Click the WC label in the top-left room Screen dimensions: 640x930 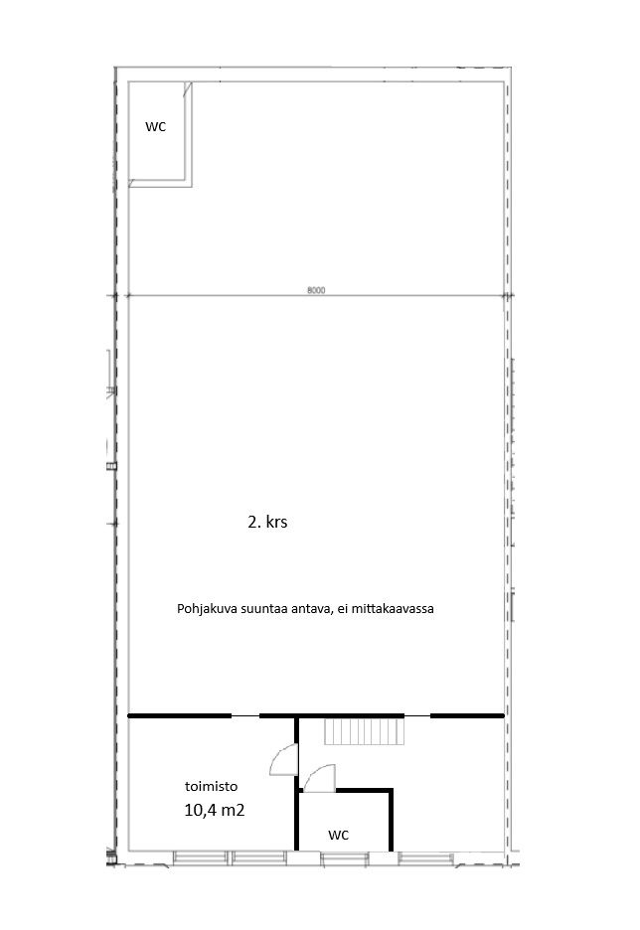coord(155,126)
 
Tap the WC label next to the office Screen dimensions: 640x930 coord(338,834)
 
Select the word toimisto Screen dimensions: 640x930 coord(211,787)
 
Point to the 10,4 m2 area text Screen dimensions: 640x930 coord(214,810)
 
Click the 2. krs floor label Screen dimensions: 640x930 coord(267,522)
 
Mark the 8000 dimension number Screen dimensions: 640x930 coord(316,290)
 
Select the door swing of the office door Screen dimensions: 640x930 coord(283,759)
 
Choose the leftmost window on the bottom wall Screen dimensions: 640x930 coord(200,857)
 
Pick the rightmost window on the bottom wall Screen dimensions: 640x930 coord(426,857)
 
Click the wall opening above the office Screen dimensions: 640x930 coord(244,716)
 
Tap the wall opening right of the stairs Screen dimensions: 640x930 coord(417,716)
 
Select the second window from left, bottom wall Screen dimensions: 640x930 coord(259,857)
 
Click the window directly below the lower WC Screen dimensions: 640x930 coord(345,857)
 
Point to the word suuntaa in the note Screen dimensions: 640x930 coord(251,609)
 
